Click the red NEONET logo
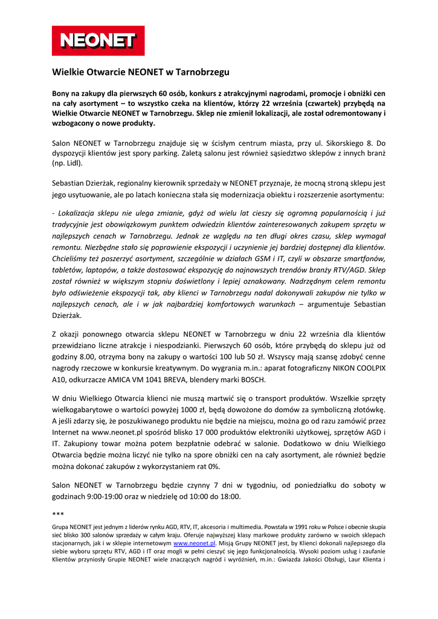(x=98, y=41)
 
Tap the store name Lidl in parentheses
(x=74, y=163)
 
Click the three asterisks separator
(x=58, y=514)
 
